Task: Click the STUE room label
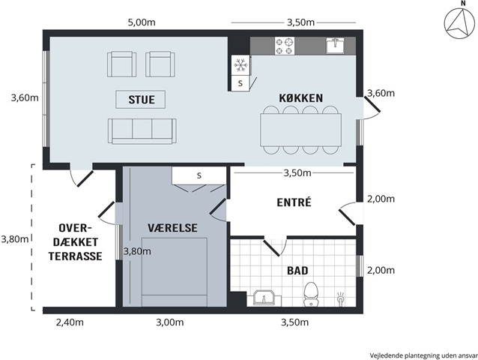pos(142,100)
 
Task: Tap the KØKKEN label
pos(301,98)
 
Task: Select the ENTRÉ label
pos(294,202)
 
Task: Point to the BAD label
pos(297,271)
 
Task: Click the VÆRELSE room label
pos(172,228)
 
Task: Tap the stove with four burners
pos(285,46)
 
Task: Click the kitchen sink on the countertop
pos(335,46)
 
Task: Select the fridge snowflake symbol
pos(240,65)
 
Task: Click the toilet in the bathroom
pos(311,294)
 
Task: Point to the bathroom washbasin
pos(264,298)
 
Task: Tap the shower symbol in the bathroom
pos(341,298)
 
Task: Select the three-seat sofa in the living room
pos(142,131)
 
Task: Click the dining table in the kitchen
pos(301,130)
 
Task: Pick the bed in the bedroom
pos(175,271)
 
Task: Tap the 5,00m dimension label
pos(142,22)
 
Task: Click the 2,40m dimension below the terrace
pos(70,322)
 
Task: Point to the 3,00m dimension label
pos(170,322)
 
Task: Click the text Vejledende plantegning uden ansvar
pos(424,355)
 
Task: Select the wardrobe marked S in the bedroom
pos(199,175)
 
